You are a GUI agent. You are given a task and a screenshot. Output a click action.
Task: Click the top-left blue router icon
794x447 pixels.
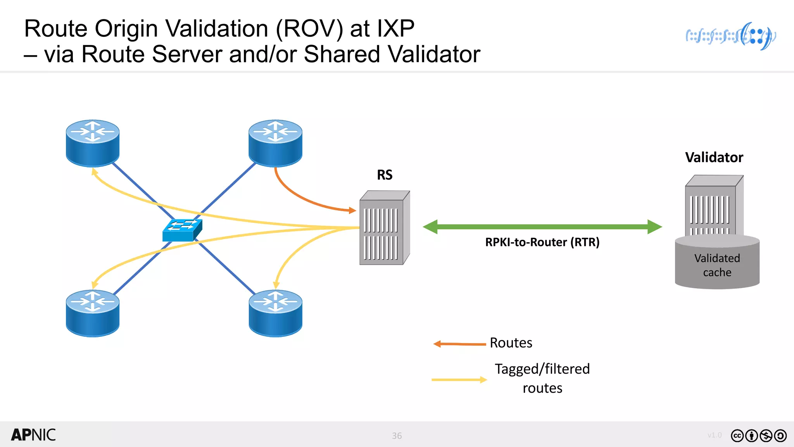click(93, 143)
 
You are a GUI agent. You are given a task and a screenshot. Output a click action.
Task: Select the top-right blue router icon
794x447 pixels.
click(275, 143)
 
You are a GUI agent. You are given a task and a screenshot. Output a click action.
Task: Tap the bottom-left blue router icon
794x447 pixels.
click(93, 313)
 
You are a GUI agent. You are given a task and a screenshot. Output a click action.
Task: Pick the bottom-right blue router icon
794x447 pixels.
click(275, 313)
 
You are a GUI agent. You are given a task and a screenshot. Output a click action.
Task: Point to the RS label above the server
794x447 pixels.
click(385, 175)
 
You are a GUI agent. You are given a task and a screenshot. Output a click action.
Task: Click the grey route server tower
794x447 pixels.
click(384, 229)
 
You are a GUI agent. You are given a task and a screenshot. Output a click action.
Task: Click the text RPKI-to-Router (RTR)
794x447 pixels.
click(542, 242)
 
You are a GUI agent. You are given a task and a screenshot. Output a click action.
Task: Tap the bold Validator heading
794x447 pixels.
click(714, 158)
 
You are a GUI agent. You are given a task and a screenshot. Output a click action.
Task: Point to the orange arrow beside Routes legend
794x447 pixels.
click(459, 344)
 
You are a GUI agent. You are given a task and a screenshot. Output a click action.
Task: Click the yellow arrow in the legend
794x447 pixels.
click(459, 379)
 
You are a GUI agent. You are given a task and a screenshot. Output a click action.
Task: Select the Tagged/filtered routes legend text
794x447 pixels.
click(542, 378)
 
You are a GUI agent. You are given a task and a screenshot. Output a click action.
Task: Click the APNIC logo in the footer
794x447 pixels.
click(33, 435)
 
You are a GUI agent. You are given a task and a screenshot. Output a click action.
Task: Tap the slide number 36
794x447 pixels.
click(397, 436)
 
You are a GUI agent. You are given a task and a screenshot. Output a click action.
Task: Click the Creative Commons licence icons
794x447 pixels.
click(758, 436)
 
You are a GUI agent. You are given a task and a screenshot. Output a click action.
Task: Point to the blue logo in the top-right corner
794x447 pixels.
click(731, 36)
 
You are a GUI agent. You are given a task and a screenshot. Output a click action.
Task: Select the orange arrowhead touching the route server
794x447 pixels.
click(352, 210)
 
